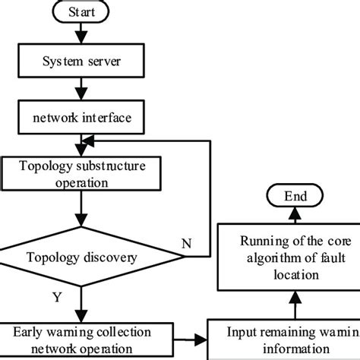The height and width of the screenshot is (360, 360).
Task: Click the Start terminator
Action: coord(81,12)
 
